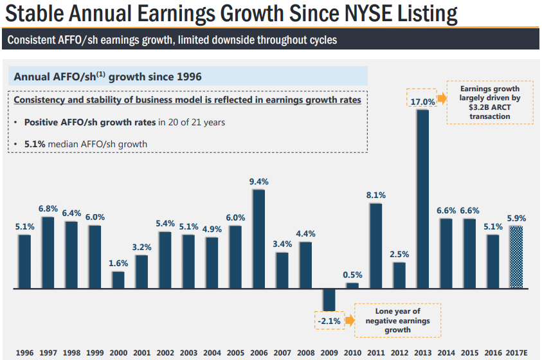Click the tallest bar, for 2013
click(x=422, y=199)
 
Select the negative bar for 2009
click(x=329, y=300)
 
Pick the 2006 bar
click(x=259, y=239)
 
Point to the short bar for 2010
click(x=352, y=285)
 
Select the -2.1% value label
click(x=329, y=319)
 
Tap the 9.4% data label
click(x=259, y=182)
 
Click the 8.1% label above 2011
click(x=375, y=195)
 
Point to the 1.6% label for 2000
click(x=118, y=264)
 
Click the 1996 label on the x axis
click(x=24, y=352)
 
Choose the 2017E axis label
click(x=517, y=352)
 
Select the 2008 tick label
click(x=306, y=352)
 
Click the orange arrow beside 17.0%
click(x=442, y=100)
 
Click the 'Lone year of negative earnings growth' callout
click(x=397, y=320)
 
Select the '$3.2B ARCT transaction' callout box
click(x=489, y=102)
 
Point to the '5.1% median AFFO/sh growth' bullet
click(x=86, y=144)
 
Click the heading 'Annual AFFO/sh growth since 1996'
click(x=107, y=76)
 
